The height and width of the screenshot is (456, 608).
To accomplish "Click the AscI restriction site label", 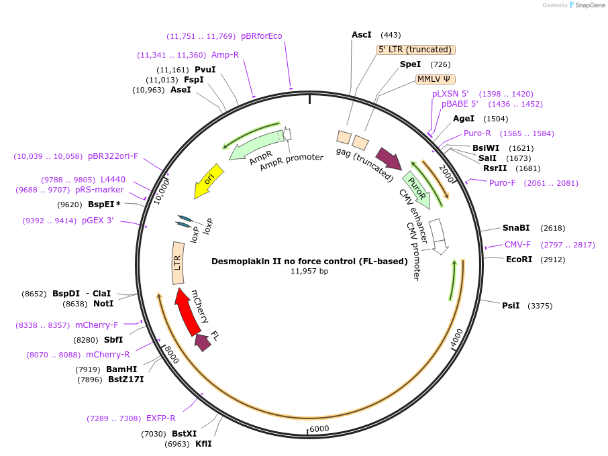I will (361, 35).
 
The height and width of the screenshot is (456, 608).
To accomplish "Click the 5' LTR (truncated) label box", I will (416, 50).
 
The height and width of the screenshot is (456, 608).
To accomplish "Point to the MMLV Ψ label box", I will (435, 78).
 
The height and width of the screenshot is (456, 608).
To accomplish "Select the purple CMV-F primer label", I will (517, 245).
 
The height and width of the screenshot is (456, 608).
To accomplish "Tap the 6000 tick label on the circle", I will (319, 429).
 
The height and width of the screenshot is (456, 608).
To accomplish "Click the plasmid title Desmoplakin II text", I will (309, 262).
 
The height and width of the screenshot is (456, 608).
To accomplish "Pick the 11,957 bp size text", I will (309, 272).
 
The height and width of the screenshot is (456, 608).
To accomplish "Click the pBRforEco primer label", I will (261, 36).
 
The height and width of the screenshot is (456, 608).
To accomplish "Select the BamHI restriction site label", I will (121, 369).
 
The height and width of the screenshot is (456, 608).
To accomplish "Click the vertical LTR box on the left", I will (178, 262).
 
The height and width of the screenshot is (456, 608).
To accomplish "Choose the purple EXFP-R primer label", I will (160, 418).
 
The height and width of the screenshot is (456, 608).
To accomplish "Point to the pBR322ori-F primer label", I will (113, 156).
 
